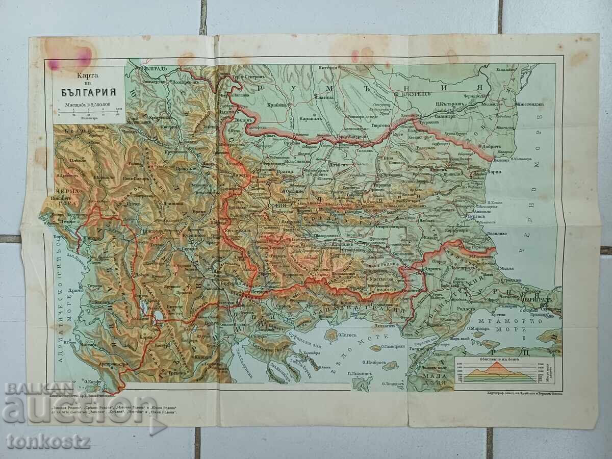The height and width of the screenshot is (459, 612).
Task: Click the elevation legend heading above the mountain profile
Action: click(x=496, y=359)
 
